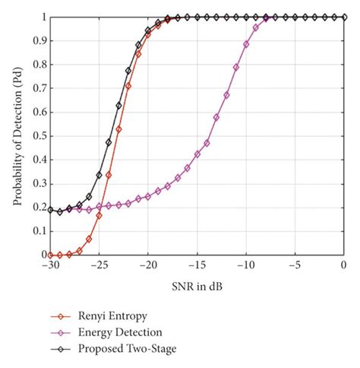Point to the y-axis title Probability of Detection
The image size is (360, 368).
pyautogui.click(x=17, y=135)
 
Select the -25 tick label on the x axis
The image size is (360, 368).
pyautogui.click(x=99, y=264)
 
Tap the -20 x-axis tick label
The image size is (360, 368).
pyautogui.click(x=148, y=264)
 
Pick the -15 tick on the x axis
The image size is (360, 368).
pyautogui.click(x=197, y=264)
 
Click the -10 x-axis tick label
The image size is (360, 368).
pyautogui.click(x=246, y=264)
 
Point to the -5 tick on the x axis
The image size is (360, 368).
pyautogui.click(x=295, y=264)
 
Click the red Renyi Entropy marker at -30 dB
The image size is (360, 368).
pyautogui.click(x=50, y=255)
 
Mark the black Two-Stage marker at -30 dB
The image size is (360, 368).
pyautogui.click(x=50, y=210)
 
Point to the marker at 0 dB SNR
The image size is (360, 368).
pyautogui.click(x=344, y=17)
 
